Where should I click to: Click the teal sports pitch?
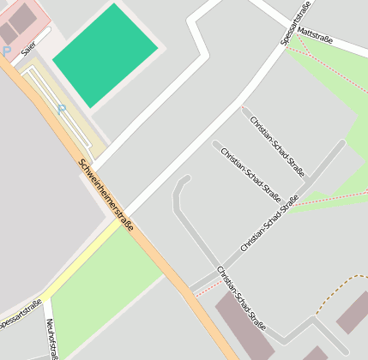(x=105, y=54)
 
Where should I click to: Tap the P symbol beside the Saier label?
(x=6, y=51)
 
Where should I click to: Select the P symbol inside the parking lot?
(x=61, y=109)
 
